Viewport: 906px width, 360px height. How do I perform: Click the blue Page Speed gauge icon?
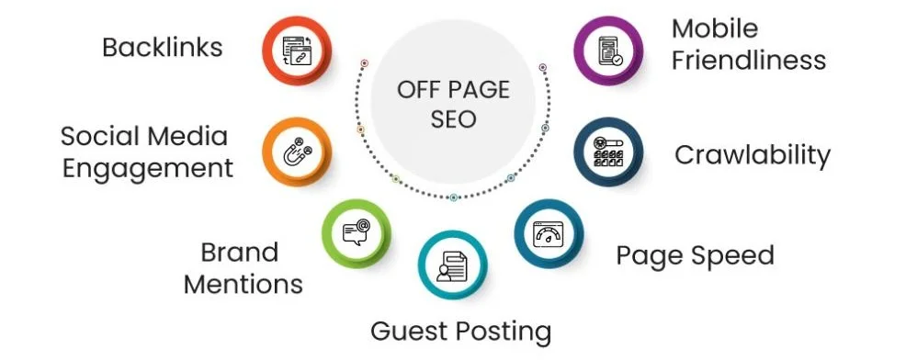[x=549, y=232]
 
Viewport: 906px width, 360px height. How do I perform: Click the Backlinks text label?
[x=163, y=48]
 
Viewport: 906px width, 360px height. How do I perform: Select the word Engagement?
[x=148, y=168]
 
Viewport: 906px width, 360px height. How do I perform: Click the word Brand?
[x=239, y=252]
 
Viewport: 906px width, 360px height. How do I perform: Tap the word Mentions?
[x=243, y=284]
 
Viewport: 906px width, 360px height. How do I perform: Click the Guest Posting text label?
[x=460, y=331]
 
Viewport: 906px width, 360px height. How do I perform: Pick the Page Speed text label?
[x=695, y=254]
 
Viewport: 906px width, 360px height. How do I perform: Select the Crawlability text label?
[x=752, y=155]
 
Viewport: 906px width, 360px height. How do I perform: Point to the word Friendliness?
[x=747, y=61]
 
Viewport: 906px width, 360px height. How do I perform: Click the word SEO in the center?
[x=453, y=120]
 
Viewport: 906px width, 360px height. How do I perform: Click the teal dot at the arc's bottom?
[x=453, y=197]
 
